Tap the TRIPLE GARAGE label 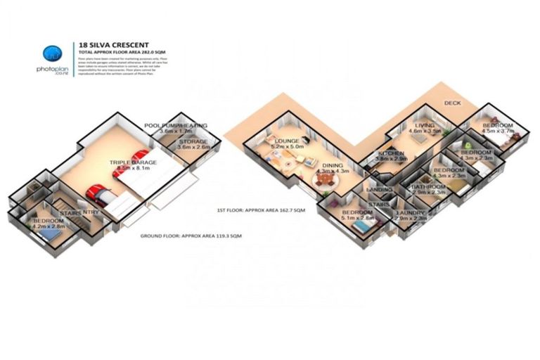[x=132, y=162]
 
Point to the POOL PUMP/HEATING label [x=176, y=125]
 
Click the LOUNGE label [x=288, y=141]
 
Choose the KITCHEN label [x=390, y=153]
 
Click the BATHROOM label [x=427, y=187]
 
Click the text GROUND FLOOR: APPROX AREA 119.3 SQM [x=191, y=236]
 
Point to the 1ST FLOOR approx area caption [x=261, y=210]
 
